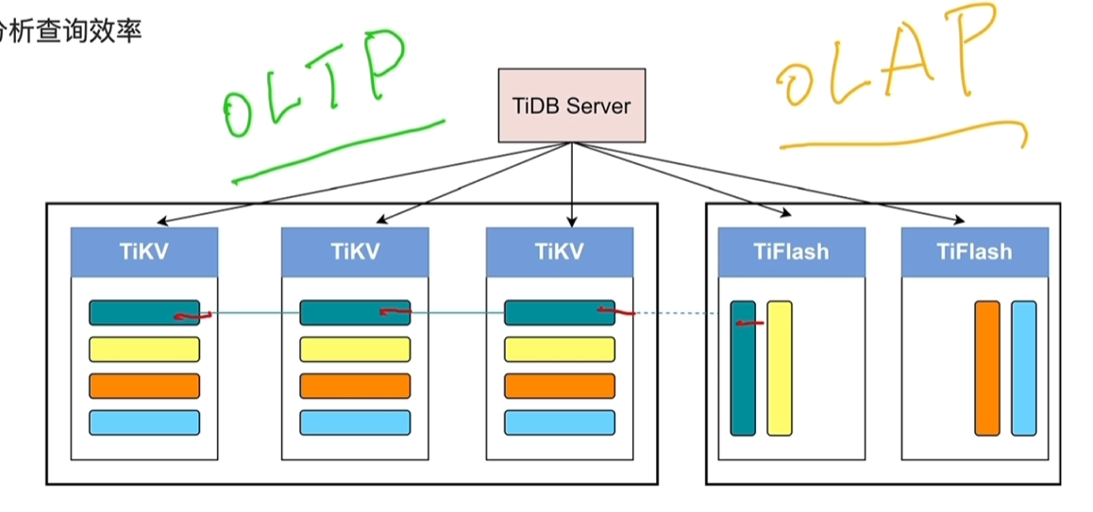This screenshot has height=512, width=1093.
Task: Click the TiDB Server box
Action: (571, 105)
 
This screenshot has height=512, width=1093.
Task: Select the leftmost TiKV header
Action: (144, 252)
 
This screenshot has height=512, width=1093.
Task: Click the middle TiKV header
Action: (355, 252)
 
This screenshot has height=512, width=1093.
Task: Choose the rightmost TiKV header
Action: (560, 252)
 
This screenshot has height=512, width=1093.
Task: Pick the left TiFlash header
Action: (791, 252)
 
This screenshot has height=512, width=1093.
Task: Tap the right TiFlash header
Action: (974, 252)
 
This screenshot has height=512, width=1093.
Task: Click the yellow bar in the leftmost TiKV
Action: (144, 350)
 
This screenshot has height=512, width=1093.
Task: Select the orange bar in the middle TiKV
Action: (355, 386)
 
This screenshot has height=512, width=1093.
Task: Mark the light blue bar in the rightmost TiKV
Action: (560, 422)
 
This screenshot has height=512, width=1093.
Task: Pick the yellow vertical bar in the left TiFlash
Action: (779, 369)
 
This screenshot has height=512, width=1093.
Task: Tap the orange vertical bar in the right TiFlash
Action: (986, 369)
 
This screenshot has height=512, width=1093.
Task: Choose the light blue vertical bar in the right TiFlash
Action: (1023, 369)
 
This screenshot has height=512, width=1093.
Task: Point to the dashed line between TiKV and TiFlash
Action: (675, 313)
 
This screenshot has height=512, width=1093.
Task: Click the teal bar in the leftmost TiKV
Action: (132, 312)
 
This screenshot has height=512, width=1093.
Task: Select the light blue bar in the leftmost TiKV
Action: (144, 422)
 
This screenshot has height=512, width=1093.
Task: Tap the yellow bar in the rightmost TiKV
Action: (560, 350)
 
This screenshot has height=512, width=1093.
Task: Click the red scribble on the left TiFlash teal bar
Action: (749, 323)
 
